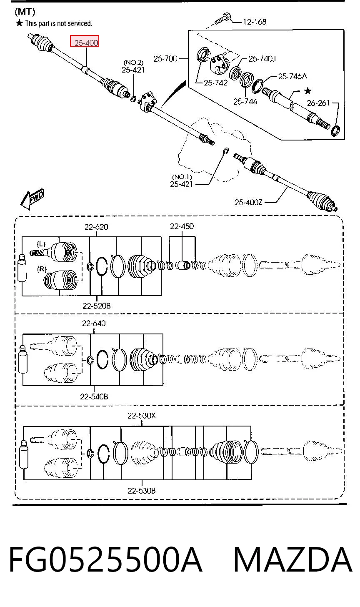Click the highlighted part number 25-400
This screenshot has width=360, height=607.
point(86,43)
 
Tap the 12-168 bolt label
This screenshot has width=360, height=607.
point(255,22)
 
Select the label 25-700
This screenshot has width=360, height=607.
point(165,58)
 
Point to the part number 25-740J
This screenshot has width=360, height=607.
point(262,58)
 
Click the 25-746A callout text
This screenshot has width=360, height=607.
point(292,76)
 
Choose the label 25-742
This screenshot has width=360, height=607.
point(215,83)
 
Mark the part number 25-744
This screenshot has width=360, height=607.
point(245,101)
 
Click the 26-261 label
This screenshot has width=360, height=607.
point(318,103)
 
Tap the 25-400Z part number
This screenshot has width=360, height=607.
point(248,202)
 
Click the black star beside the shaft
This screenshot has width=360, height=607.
point(307,91)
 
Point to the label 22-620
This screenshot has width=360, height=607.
point(96,226)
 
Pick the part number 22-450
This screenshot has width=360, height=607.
point(182,226)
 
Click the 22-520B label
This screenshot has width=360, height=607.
point(96,306)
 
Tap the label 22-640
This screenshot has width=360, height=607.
point(94,323)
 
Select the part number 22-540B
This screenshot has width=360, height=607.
point(94,396)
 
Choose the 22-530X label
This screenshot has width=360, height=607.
point(141,415)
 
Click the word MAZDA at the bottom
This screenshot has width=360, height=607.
point(292,559)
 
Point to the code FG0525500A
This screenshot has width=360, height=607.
point(106,559)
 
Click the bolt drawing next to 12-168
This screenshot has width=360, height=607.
point(222,18)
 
